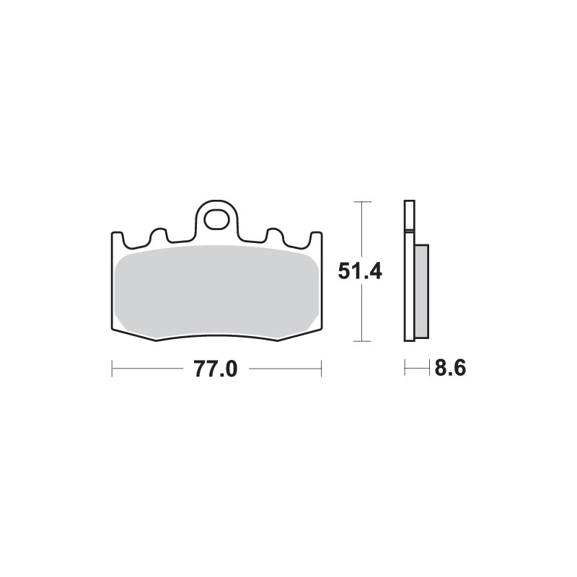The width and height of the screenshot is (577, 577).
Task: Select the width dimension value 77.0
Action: click(x=215, y=369)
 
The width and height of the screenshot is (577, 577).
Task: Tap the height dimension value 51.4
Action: click(x=360, y=272)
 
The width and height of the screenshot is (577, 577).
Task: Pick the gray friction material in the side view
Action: click(x=422, y=288)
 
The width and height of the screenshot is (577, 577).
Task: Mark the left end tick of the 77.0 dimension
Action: click(x=112, y=369)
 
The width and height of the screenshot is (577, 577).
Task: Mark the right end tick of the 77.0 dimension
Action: click(x=320, y=369)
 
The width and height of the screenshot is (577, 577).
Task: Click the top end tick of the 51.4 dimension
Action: click(x=361, y=202)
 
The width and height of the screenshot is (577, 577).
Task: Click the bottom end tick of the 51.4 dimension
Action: click(x=361, y=340)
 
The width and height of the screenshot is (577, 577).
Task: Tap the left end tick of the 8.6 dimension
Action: click(x=405, y=369)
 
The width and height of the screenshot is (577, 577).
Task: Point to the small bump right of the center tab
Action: click(x=274, y=234)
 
